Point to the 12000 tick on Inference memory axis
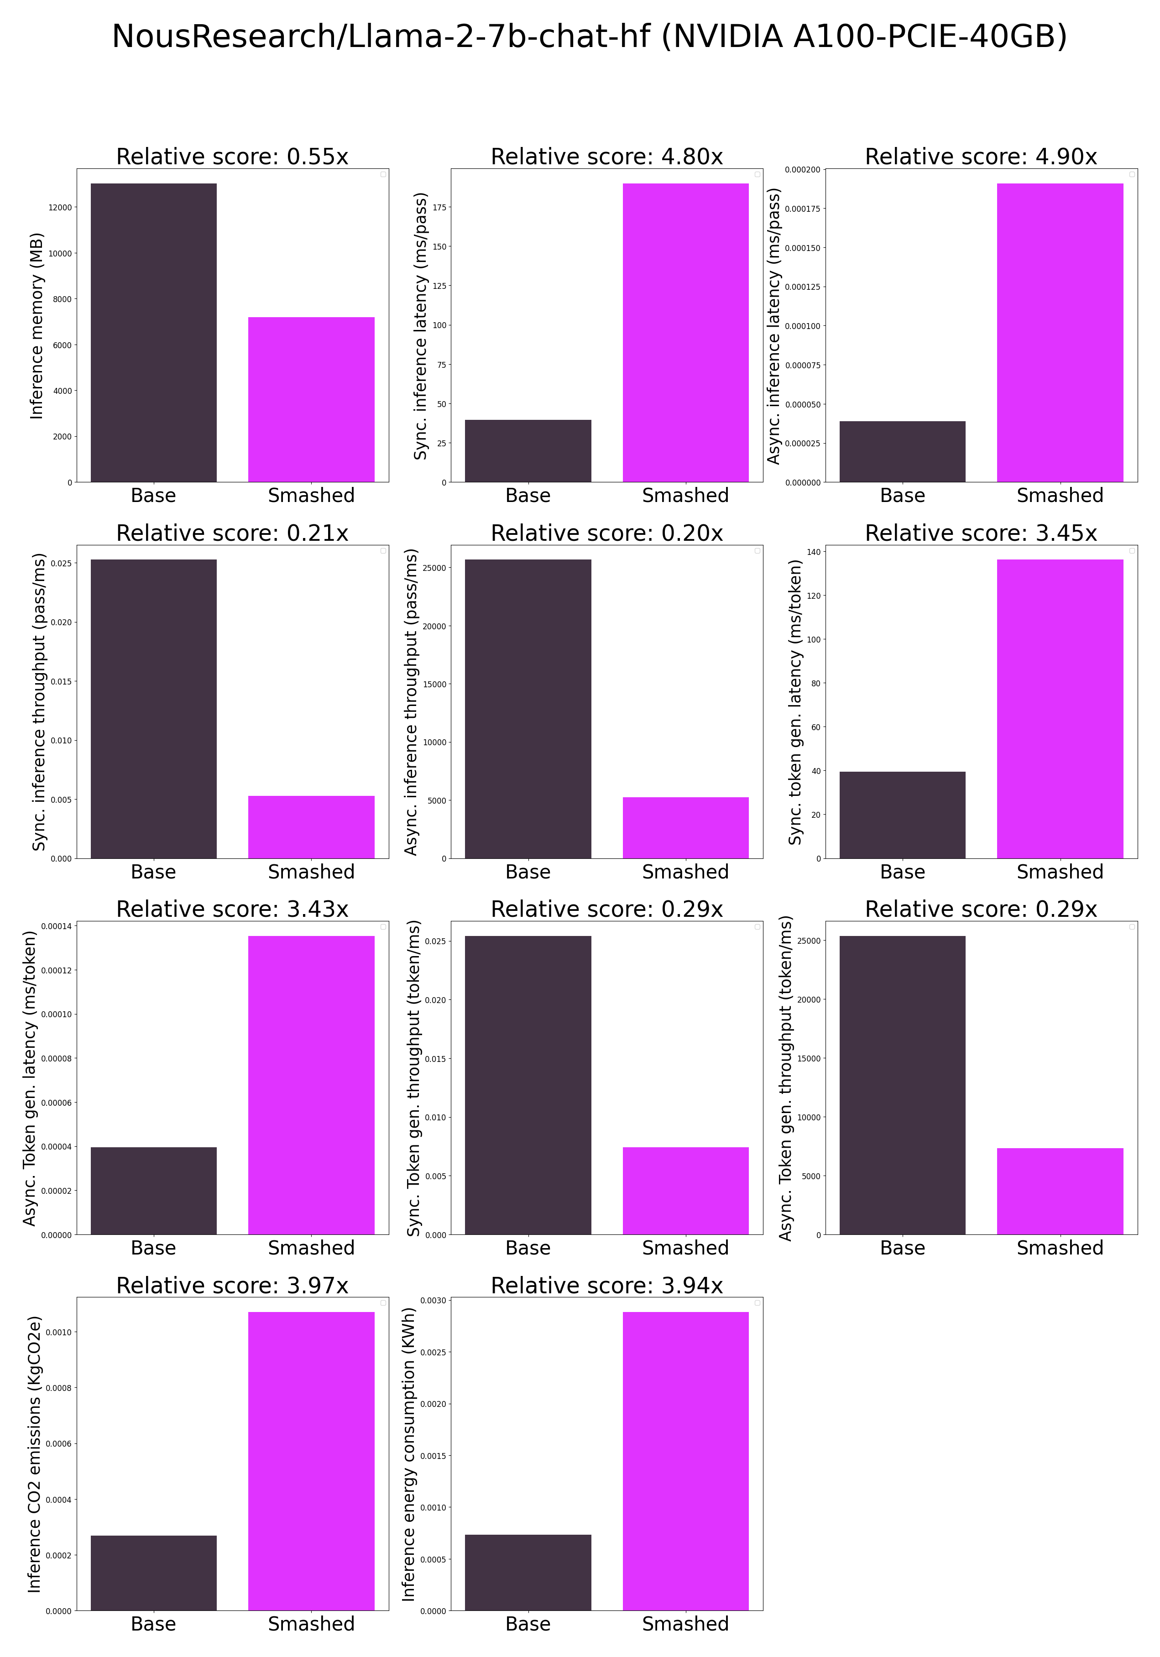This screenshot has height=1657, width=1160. [61, 208]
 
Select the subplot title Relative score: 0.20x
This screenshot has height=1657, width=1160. [606, 533]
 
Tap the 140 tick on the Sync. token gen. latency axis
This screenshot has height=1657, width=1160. [814, 552]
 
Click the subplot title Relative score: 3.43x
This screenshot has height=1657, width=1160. [232, 910]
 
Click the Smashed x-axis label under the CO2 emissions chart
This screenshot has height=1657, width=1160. [311, 1624]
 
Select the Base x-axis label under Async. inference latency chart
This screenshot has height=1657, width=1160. [902, 496]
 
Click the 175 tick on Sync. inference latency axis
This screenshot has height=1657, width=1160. [439, 208]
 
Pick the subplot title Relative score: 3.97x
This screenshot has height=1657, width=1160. [232, 1286]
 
